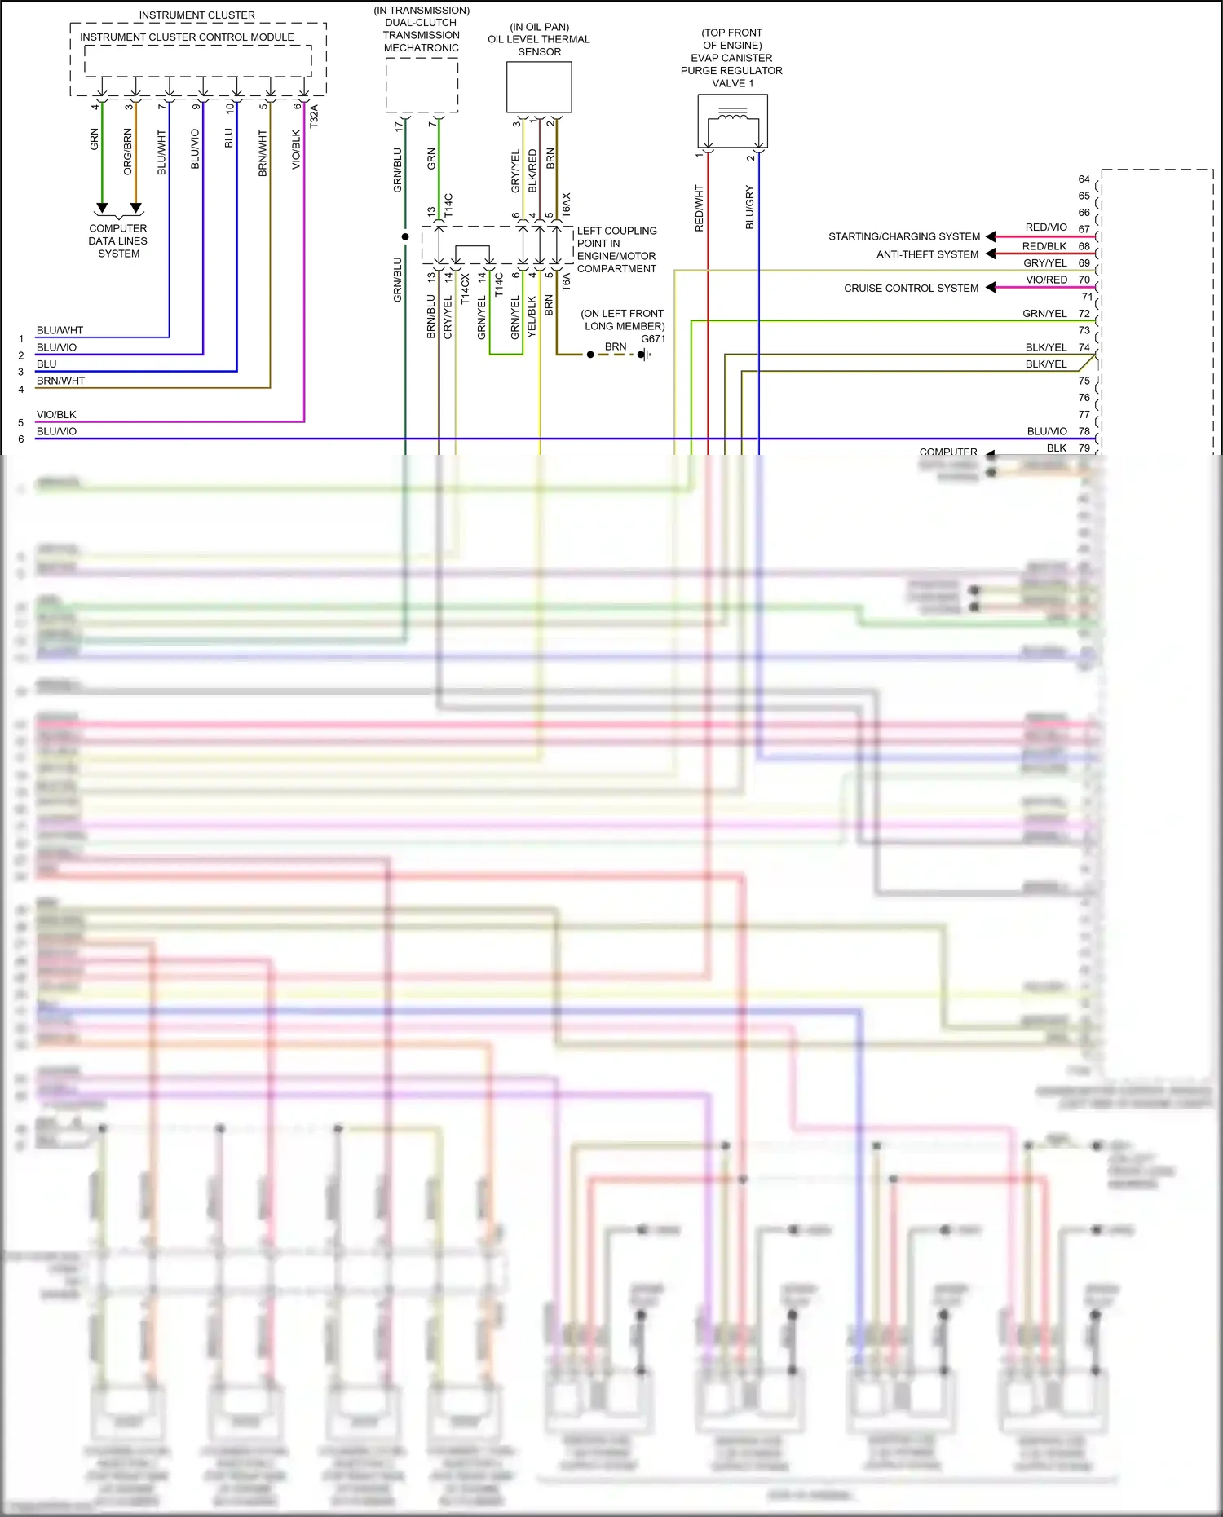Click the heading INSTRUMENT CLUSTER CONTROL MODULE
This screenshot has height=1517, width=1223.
pyautogui.click(x=187, y=37)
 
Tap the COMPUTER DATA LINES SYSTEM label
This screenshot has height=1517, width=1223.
pyautogui.click(x=118, y=241)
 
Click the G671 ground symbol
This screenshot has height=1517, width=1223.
pyautogui.click(x=643, y=355)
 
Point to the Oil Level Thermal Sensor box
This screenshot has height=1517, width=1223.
pyautogui.click(x=539, y=86)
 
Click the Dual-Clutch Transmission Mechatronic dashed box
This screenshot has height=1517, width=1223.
pyautogui.click(x=422, y=85)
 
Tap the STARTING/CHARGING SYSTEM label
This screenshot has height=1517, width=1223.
pyautogui.click(x=904, y=237)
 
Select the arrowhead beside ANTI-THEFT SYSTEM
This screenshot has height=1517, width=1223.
pyautogui.click(x=991, y=254)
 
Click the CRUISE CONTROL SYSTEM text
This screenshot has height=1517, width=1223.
pyautogui.click(x=911, y=289)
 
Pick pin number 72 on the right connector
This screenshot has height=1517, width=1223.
pyautogui.click(x=1084, y=314)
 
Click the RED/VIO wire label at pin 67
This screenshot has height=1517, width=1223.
pyautogui.click(x=1045, y=227)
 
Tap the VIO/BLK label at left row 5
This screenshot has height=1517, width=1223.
pyautogui.click(x=56, y=415)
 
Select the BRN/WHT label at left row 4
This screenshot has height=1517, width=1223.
pyautogui.click(x=60, y=381)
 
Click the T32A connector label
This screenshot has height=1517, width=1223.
pyautogui.click(x=314, y=116)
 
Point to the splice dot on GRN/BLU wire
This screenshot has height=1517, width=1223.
pyautogui.click(x=405, y=237)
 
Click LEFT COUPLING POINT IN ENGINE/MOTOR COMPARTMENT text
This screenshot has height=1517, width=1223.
pyautogui.click(x=617, y=249)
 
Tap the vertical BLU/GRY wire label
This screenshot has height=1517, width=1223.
pyautogui.click(x=750, y=207)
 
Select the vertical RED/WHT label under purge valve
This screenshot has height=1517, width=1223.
pyautogui.click(x=699, y=208)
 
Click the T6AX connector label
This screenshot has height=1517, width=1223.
pyautogui.click(x=567, y=205)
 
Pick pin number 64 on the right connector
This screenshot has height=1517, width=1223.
pyautogui.click(x=1084, y=179)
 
